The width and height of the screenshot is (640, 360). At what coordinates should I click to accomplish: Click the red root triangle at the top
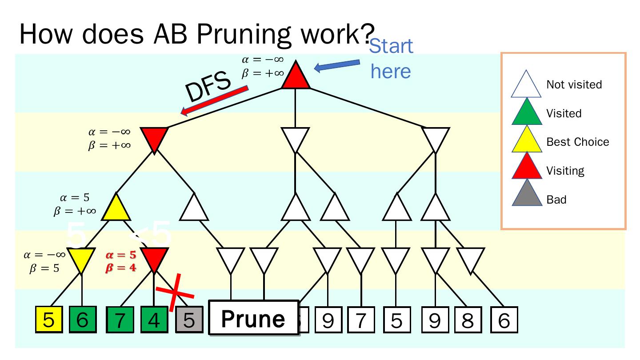click(x=296, y=77)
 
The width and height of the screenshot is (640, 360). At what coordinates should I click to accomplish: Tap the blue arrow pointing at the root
click(x=337, y=66)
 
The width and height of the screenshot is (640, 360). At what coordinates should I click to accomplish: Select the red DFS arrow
click(x=214, y=101)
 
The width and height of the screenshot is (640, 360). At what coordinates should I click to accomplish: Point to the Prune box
click(x=254, y=318)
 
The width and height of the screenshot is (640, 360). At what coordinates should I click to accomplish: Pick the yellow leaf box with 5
click(x=48, y=320)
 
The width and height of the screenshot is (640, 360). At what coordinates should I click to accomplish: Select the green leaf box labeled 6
click(x=82, y=320)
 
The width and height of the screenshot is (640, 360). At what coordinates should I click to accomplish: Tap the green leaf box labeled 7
click(x=120, y=320)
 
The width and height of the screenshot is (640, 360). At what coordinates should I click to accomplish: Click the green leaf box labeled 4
click(x=154, y=320)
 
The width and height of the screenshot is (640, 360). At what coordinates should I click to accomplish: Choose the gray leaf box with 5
click(x=189, y=320)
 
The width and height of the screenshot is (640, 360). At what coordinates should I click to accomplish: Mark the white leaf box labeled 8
click(x=468, y=320)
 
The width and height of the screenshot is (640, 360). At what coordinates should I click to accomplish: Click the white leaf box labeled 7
click(x=361, y=320)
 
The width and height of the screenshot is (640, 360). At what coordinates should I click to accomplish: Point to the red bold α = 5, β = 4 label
click(x=121, y=261)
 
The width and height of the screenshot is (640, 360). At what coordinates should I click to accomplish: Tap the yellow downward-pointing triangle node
click(x=82, y=259)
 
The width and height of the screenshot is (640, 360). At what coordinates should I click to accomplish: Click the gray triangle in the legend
click(x=527, y=194)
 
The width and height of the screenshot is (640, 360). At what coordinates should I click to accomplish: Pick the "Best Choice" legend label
click(x=577, y=142)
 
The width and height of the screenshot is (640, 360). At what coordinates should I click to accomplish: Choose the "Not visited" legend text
click(x=574, y=84)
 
